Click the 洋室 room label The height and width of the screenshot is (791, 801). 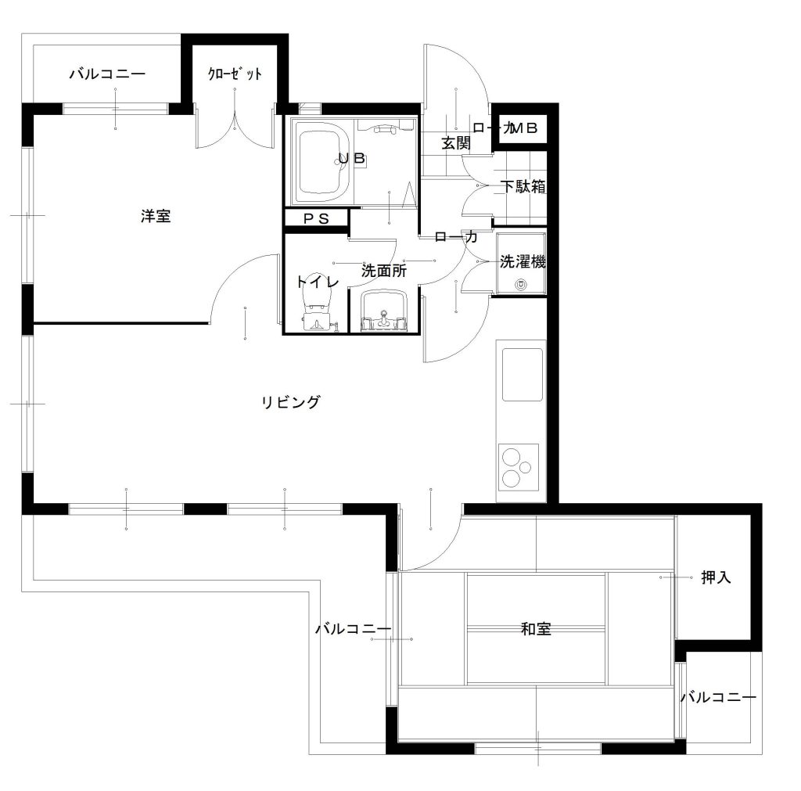(x=156, y=216)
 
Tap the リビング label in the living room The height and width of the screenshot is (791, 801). (x=291, y=402)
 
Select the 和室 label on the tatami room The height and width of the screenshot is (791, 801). (x=536, y=629)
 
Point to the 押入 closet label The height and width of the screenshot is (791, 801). (x=717, y=577)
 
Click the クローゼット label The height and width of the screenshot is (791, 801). (x=235, y=74)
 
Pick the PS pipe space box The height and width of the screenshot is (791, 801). (x=316, y=219)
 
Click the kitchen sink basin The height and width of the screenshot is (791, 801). (x=522, y=375)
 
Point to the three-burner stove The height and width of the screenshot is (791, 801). (x=519, y=467)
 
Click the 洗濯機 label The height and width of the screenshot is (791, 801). (x=523, y=261)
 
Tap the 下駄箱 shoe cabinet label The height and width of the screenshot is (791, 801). (x=523, y=186)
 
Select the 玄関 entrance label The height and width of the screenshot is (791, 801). (x=456, y=143)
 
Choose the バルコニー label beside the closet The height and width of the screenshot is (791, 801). (x=108, y=74)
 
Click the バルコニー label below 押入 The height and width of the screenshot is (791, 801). (x=718, y=697)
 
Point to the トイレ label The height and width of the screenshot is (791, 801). (x=318, y=282)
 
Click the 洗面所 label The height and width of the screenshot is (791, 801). (x=383, y=270)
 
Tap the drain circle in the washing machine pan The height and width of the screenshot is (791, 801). (x=521, y=283)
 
